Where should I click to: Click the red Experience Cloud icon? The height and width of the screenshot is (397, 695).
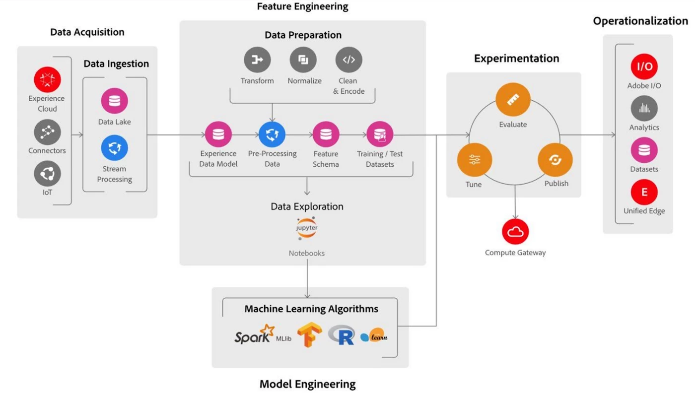pos(47,79)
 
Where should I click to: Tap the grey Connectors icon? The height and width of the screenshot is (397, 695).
pos(47,132)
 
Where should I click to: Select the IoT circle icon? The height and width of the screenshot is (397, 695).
pos(47,174)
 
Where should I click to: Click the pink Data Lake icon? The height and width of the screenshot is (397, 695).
pos(115,101)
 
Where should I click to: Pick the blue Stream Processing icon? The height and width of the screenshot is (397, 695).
pos(115,148)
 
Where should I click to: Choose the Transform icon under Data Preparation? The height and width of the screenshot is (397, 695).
pos(257,60)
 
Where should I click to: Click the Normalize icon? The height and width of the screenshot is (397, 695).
pos(303,60)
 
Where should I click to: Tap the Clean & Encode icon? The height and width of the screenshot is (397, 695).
pos(349,60)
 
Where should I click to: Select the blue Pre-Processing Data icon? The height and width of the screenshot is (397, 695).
pos(272,134)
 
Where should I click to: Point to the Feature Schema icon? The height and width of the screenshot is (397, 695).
pos(326,134)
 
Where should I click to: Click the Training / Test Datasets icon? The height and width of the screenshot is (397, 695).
pos(380,134)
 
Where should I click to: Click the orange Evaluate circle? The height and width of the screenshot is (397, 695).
pos(513,99)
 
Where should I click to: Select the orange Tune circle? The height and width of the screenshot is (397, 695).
pos(475,160)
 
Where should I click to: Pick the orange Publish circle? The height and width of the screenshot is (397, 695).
pos(555,160)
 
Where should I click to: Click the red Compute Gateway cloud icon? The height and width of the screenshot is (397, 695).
pos(515,231)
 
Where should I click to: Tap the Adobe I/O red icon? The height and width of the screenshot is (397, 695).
pos(644,66)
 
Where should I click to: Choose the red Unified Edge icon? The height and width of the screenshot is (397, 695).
pos(644,192)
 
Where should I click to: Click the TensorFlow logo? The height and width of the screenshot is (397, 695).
pos(310,335)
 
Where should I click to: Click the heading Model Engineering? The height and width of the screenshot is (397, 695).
pos(308,384)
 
